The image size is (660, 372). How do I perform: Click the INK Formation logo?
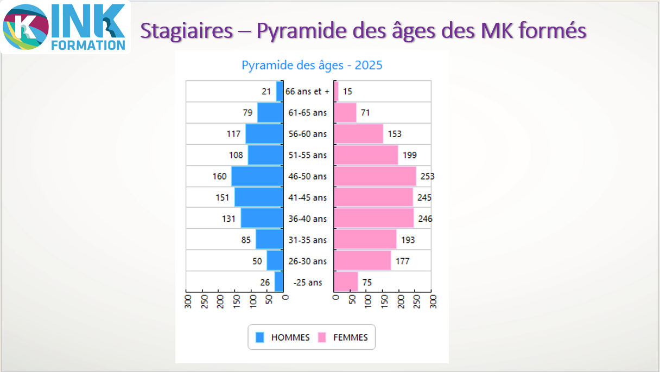tap(65, 27)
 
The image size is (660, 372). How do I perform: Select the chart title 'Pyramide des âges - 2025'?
tap(312, 66)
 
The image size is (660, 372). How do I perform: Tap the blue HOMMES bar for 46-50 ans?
tap(257, 176)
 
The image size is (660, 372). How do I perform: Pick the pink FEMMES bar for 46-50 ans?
tap(375, 176)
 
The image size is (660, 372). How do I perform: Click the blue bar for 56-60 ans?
tap(264, 134)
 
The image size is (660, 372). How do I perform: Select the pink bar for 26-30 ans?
tap(362, 261)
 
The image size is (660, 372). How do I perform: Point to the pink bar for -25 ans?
tap(346, 282)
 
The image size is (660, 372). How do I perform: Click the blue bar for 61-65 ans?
tap(270, 113)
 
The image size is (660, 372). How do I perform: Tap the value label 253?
tap(427, 176)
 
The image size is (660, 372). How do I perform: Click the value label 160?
tap(219, 176)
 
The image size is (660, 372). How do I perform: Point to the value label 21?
tap(266, 92)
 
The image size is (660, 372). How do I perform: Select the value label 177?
tap(402, 261)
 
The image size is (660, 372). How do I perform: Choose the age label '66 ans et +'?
tap(308, 92)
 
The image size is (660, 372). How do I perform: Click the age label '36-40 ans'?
tap(308, 219)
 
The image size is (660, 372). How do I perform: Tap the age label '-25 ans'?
tap(308, 282)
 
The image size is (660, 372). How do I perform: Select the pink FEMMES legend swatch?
tap(322, 337)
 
